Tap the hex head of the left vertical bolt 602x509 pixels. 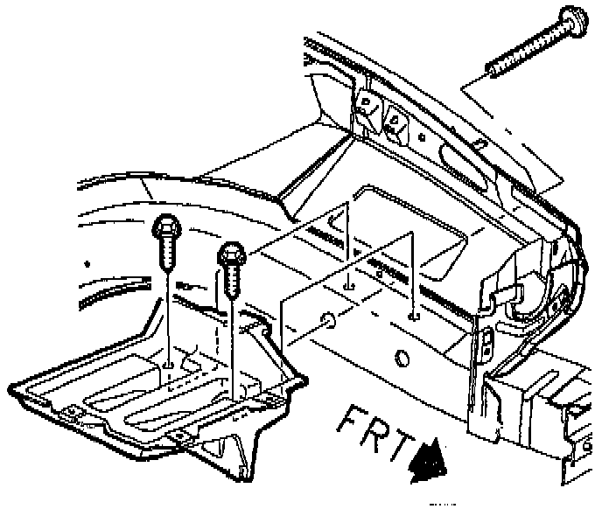point(167,230)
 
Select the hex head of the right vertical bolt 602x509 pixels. point(230,254)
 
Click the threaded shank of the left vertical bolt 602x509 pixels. point(168,256)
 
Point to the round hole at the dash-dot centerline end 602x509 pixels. point(327,323)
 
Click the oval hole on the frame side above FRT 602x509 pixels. point(402,359)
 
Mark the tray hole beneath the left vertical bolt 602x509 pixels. point(168,360)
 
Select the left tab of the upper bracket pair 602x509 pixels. point(363,109)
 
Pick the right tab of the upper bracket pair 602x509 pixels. point(395,122)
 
